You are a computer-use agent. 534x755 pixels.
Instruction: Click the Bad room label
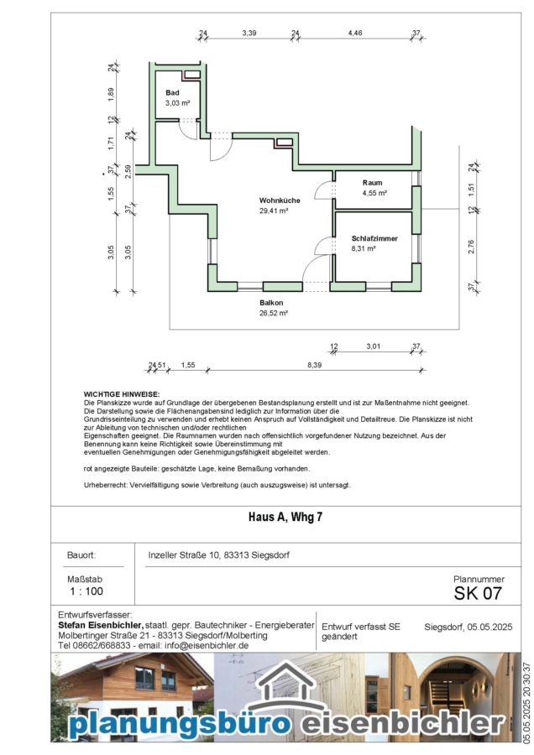[172, 92]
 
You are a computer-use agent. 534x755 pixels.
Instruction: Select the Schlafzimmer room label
[374, 239]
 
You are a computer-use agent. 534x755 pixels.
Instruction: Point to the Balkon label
[271, 303]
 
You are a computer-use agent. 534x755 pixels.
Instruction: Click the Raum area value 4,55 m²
[374, 193]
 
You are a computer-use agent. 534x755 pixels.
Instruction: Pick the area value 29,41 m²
[275, 211]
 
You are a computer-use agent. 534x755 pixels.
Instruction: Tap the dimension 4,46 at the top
[355, 33]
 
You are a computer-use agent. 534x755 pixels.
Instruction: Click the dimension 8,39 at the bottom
[315, 365]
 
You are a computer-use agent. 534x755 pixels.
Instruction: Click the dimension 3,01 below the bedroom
[374, 346]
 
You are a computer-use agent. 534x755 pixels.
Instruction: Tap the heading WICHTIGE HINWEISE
[121, 393]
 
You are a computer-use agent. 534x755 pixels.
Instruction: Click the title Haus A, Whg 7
[285, 518]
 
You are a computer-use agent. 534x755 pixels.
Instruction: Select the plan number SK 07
[478, 594]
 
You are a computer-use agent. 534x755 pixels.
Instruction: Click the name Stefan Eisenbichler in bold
[100, 626]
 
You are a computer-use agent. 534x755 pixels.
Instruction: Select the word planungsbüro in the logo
[180, 722]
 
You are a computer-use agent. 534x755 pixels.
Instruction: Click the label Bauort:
[81, 556]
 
